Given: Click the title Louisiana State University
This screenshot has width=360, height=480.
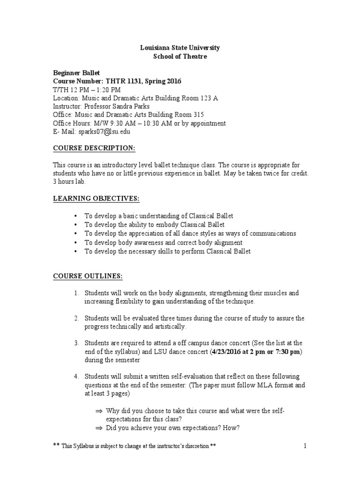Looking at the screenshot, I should tap(180, 48).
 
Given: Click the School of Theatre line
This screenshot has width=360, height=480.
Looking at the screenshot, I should tap(180, 57).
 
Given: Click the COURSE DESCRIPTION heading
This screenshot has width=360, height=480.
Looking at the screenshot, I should tap(93, 149).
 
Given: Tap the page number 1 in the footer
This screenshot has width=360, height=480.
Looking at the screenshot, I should tap(305, 446).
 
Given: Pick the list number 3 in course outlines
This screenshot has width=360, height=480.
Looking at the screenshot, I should tap(76, 344).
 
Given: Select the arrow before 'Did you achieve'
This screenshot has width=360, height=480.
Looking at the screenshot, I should tap(98, 427).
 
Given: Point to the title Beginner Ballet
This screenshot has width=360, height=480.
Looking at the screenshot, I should tap(75, 73).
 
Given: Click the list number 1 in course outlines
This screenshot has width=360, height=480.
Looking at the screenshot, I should tap(76, 293).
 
